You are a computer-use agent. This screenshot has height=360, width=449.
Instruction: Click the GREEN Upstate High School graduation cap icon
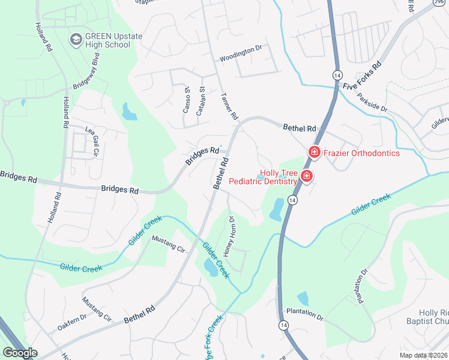click(x=76, y=40)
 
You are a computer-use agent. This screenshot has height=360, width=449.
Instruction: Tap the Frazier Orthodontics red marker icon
click(x=313, y=153)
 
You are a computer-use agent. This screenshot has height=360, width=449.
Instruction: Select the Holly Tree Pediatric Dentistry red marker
click(x=306, y=176)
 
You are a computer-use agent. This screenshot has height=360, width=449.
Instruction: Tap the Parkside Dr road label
click(x=372, y=101)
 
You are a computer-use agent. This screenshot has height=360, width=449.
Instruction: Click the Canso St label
click(x=186, y=100)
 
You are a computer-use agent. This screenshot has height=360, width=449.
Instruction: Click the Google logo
click(x=20, y=353)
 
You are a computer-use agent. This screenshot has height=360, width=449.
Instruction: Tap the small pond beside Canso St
click(x=129, y=110)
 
